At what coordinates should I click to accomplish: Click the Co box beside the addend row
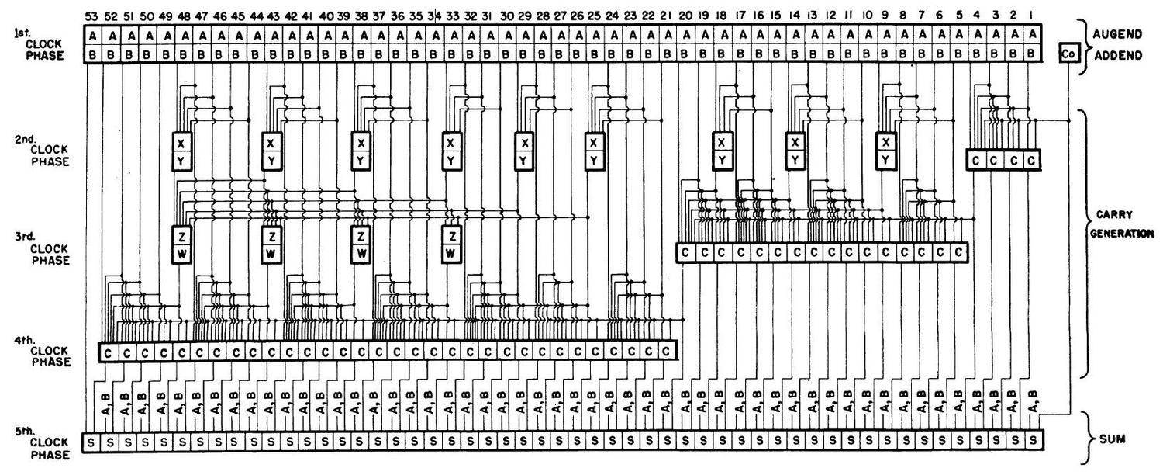[x=1070, y=53]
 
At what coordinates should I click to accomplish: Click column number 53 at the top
[x=92, y=15]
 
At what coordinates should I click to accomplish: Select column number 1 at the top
[x=1032, y=15]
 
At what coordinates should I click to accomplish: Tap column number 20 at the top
[x=685, y=15]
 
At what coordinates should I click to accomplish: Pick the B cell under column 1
[x=1032, y=54]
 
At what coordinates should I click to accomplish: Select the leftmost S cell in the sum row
[x=91, y=442]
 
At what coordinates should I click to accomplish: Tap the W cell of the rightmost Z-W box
[x=452, y=253]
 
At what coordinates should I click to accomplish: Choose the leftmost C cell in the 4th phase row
[x=108, y=352]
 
